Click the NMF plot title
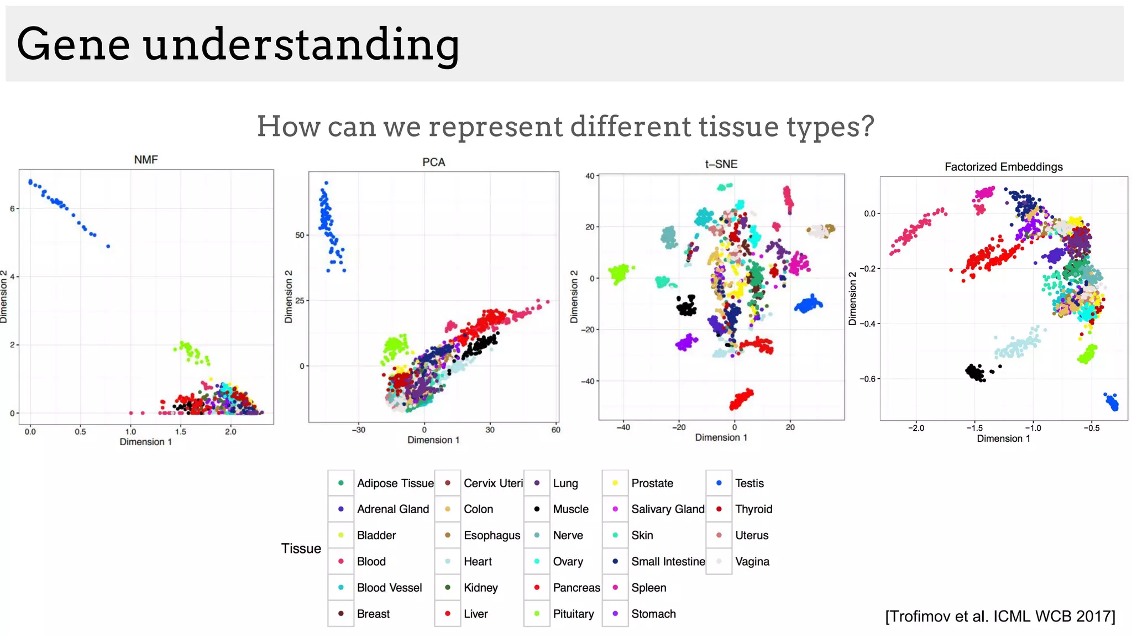tap(146, 160)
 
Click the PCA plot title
tap(433, 162)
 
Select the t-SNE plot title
tap(721, 164)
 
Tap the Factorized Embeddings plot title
tap(1003, 167)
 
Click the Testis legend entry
tap(749, 483)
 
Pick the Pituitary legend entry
tap(573, 614)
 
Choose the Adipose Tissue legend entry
tap(395, 483)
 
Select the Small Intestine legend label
tap(668, 562)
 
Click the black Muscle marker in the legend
tap(537, 509)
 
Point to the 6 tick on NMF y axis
tap(12, 208)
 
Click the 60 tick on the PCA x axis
tap(555, 430)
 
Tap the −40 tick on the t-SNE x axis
tap(623, 427)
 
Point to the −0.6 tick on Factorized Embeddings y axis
tap(867, 379)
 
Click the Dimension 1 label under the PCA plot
tap(433, 440)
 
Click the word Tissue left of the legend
tap(301, 549)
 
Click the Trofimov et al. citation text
tap(999, 617)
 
